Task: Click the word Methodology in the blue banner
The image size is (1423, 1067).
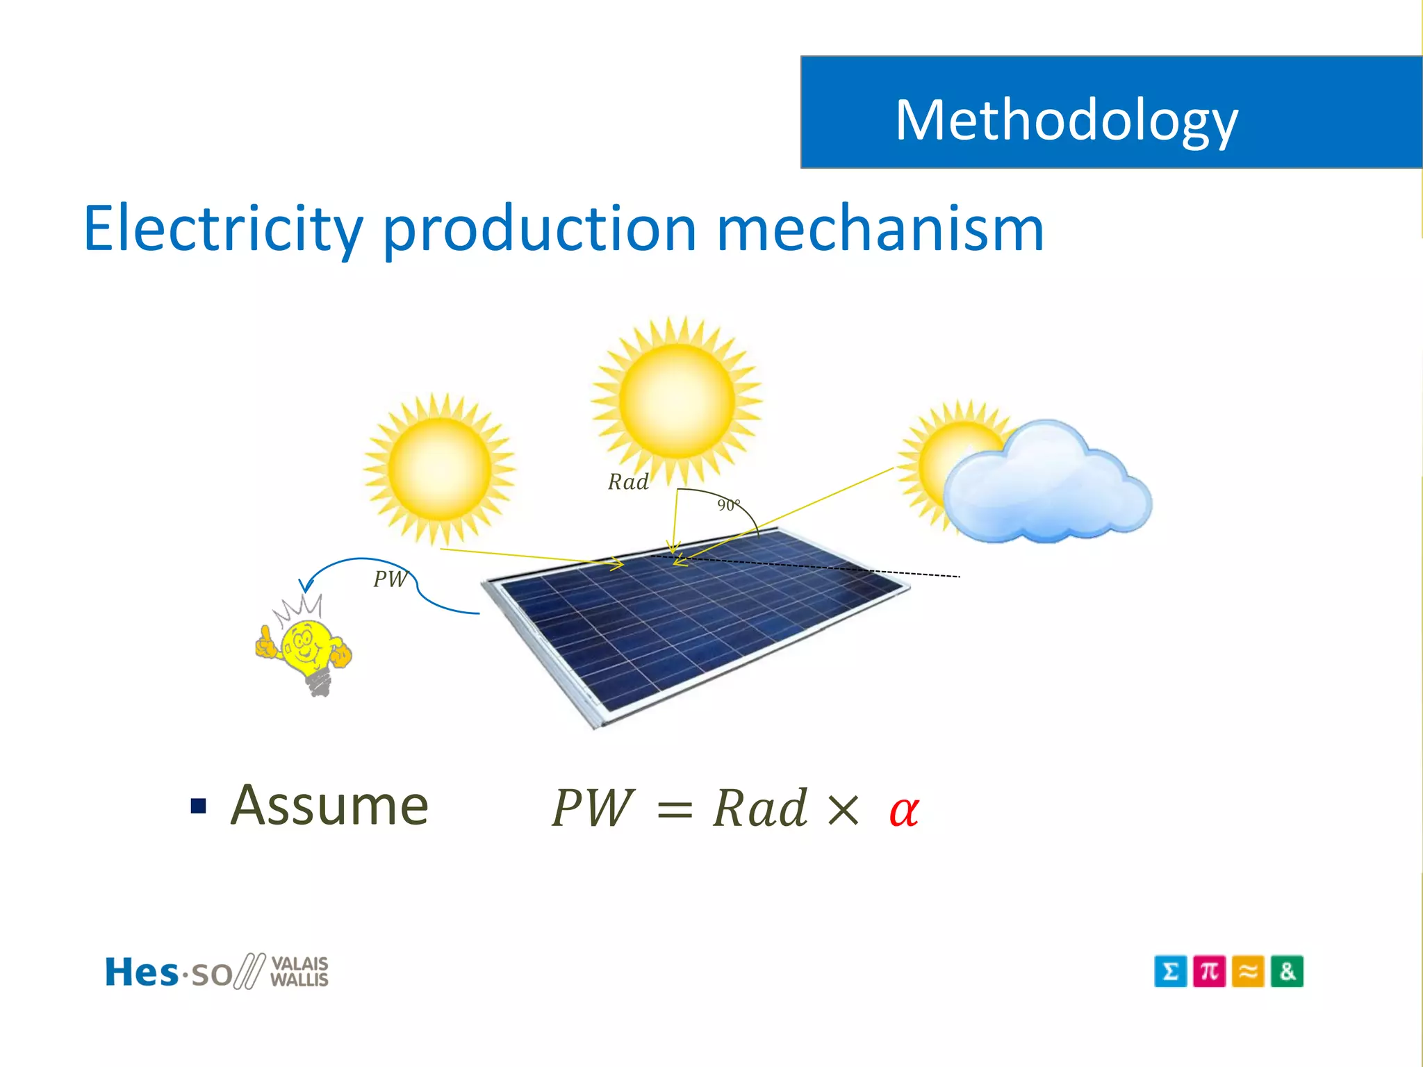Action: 1066,119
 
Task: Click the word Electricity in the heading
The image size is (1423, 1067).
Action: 222,229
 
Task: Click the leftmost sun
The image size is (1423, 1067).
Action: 439,469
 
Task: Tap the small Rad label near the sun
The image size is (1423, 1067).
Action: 628,482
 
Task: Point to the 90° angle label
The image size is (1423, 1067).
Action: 728,505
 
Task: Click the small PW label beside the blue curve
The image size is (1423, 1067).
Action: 390,579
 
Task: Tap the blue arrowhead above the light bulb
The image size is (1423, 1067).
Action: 306,585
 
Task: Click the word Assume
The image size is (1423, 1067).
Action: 329,805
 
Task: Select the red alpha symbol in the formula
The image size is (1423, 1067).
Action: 904,810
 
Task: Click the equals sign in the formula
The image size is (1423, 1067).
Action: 674,810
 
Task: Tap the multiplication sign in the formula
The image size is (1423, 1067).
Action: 843,810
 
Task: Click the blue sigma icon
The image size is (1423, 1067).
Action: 1170,971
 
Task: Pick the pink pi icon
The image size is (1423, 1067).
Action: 1209,971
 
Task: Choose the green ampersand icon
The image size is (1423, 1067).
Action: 1287,971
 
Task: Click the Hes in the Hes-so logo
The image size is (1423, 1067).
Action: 141,972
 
